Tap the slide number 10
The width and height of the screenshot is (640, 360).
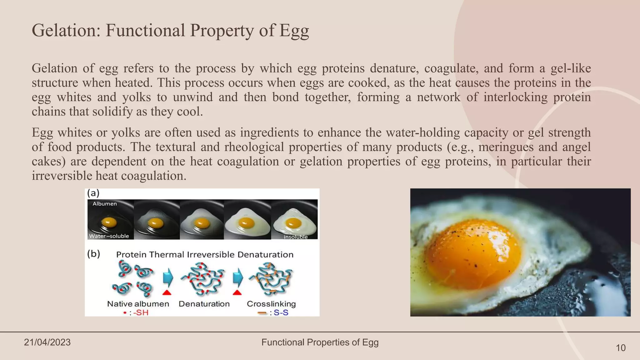pos(620,348)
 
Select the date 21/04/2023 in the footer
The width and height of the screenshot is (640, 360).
pos(47,342)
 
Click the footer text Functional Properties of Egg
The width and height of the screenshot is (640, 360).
pos(320,342)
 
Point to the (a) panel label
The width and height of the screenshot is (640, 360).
pos(93,193)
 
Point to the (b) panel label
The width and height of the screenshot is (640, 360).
pos(93,254)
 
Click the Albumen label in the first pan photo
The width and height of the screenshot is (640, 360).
pos(105,204)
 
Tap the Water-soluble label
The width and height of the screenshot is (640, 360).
pos(109,236)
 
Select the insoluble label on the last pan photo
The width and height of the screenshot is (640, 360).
pos(295,237)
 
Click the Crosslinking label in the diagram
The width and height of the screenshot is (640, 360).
pos(271,304)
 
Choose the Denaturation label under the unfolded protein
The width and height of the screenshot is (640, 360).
pos(204,304)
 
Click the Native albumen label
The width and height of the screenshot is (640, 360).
pos(138,304)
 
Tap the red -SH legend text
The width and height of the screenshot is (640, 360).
pos(141,312)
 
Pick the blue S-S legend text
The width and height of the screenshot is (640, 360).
pos(281,312)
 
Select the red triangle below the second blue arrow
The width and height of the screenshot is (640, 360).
pos(237,292)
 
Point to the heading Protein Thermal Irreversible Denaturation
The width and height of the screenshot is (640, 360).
pos(205,254)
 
